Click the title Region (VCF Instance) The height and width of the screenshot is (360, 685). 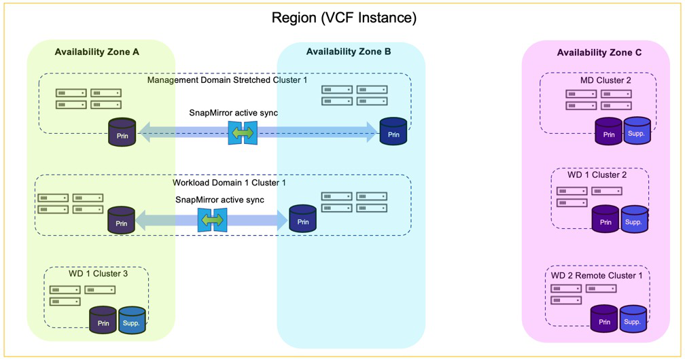click(x=344, y=18)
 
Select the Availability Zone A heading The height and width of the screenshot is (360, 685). click(x=97, y=52)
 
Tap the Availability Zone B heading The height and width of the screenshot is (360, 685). click(x=349, y=52)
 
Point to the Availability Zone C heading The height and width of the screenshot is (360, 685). click(x=599, y=52)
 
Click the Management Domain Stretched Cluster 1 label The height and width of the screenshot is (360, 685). click(x=227, y=80)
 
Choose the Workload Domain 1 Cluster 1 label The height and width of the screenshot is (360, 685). click(x=229, y=183)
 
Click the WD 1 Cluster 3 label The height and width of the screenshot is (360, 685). click(x=98, y=274)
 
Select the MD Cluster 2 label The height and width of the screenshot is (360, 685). click(x=605, y=80)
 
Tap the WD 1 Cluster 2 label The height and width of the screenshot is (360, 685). click(x=597, y=175)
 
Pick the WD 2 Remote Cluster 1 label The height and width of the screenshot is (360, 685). click(x=597, y=275)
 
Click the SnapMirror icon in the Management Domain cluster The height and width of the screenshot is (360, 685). click(x=243, y=133)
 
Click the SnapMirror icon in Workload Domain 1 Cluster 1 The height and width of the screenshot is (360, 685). click(x=212, y=220)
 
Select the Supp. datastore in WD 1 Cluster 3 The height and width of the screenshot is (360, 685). click(x=132, y=321)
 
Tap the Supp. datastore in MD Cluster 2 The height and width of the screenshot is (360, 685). click(x=637, y=132)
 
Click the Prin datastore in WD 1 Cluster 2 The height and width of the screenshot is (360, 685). click(x=605, y=220)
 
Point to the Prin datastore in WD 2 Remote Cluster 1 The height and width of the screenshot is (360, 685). click(x=604, y=320)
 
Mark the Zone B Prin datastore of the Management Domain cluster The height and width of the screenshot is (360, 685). click(x=393, y=132)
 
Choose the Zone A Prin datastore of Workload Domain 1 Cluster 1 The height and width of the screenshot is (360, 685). click(x=122, y=221)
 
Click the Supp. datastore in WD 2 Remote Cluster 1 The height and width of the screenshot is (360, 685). click(x=633, y=320)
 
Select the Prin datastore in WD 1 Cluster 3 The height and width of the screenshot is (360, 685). click(x=103, y=321)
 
